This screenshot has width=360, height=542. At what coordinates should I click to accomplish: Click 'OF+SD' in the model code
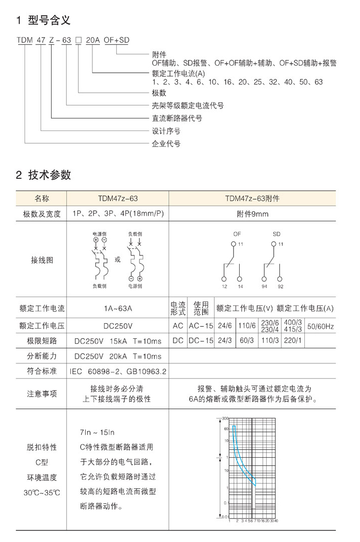click(x=116, y=42)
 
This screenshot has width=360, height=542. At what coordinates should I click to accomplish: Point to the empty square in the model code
click(x=79, y=42)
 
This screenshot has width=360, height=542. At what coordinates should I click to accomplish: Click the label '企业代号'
click(x=166, y=144)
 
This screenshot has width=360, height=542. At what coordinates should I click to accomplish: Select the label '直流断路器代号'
click(x=177, y=118)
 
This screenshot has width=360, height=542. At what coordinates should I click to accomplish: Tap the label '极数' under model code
click(x=159, y=93)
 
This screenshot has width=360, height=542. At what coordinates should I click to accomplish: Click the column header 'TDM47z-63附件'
click(x=252, y=199)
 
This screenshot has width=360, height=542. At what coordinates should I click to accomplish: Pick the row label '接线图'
click(x=42, y=260)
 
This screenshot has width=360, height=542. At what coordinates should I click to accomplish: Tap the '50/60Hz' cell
click(x=320, y=326)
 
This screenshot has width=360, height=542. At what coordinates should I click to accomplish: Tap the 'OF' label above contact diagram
click(x=237, y=234)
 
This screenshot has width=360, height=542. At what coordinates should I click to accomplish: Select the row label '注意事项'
click(x=42, y=394)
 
